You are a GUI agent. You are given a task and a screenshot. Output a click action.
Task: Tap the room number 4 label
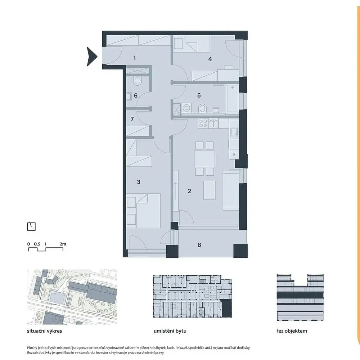pos(210,59)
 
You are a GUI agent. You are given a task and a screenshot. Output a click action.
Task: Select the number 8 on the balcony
pos(199,245)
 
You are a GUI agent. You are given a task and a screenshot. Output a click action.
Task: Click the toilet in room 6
pos(137,81)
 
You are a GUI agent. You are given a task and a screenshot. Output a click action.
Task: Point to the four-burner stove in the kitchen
pos(203,123)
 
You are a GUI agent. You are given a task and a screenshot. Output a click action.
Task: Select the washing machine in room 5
pos(186,108)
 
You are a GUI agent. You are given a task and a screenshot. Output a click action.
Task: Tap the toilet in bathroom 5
pos(202,108)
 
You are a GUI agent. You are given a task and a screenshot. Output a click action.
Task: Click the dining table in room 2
pos(204,158)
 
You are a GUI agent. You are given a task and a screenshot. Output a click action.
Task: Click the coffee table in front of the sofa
pos(210,190)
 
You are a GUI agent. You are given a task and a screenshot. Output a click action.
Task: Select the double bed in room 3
pos(144,211)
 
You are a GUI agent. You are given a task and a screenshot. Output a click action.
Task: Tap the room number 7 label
pos(132,119)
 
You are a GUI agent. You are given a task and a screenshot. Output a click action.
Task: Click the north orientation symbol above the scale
pos(31,226)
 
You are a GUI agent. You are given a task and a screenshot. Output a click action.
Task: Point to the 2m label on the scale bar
pos(63,244)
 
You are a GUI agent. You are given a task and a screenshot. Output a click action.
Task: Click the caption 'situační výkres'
pos(45,331)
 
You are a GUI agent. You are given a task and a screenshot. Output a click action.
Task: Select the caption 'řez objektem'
pos(292,331)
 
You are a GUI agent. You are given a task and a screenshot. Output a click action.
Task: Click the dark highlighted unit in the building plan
pos(226,309)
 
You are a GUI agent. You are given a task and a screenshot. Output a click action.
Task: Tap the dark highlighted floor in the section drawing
pos(300,295)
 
